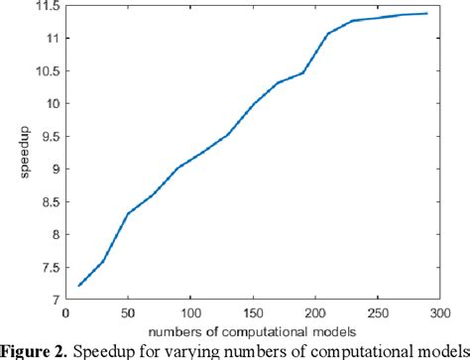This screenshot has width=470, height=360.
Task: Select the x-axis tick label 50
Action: [x=128, y=311]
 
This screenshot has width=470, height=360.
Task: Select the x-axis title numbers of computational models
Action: [x=254, y=327]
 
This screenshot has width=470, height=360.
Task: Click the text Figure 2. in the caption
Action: [x=37, y=348]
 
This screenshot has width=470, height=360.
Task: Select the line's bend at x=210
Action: [x=328, y=34]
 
